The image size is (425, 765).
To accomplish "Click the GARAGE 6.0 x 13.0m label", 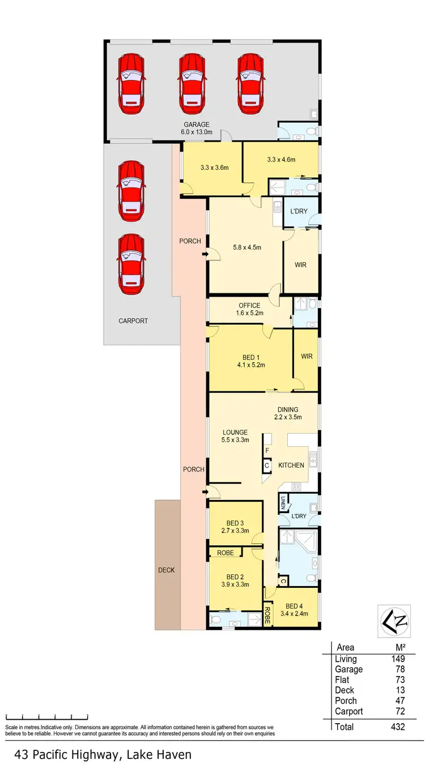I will pos(196,129).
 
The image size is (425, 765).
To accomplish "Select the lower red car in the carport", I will pos(130,263).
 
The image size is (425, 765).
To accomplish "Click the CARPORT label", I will pos(133,321).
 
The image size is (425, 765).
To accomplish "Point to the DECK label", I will pos(167,570).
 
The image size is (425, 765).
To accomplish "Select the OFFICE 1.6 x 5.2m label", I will pos(249,309).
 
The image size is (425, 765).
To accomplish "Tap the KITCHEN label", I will pos(291,465).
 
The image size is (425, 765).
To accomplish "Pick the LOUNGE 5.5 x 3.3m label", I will pos(235,436).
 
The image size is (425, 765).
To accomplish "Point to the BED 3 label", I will pos(235,527).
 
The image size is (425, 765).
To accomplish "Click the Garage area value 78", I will pos(399,669).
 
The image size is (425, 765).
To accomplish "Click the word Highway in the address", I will pos(97,754).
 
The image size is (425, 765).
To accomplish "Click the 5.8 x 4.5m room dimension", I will pos(246,247).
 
